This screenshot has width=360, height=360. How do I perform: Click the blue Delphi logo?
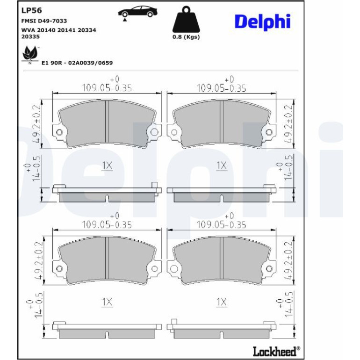tap(263, 22)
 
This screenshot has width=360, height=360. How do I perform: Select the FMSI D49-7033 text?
tap(44, 21)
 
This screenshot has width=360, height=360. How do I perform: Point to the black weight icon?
tap(186, 20)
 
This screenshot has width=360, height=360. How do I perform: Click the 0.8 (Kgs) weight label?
tap(186, 37)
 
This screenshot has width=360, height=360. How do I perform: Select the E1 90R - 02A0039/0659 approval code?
tap(77, 63)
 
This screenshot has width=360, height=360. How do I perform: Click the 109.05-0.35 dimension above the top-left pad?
tap(107, 88)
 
